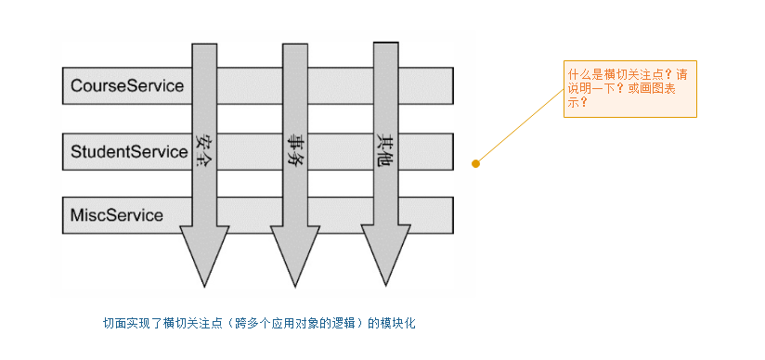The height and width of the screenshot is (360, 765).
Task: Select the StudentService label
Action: pyautogui.click(x=129, y=151)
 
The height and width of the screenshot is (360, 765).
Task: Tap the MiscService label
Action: pyautogui.click(x=117, y=215)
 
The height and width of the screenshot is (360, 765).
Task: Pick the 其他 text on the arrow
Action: pyautogui.click(x=385, y=149)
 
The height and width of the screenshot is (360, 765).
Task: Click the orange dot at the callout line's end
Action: pyautogui.click(x=476, y=163)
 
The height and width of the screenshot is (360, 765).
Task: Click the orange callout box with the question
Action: pyautogui.click(x=629, y=89)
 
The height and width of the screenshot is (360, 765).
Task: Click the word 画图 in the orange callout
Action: pyautogui.click(x=648, y=88)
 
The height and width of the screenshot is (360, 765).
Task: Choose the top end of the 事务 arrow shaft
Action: pyautogui.click(x=295, y=48)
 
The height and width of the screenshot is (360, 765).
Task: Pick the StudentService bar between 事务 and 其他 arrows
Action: pyautogui.click(x=340, y=151)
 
